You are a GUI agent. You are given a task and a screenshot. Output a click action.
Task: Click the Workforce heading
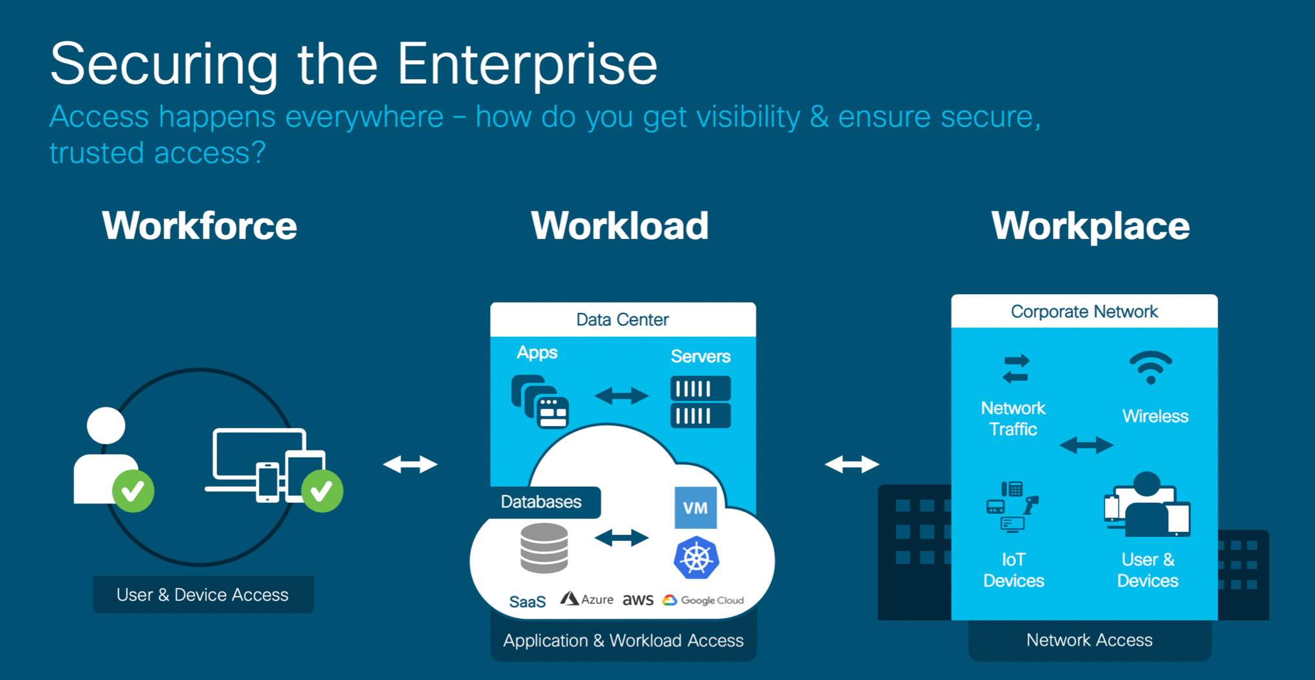[200, 226]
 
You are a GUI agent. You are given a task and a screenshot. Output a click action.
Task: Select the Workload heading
[620, 226]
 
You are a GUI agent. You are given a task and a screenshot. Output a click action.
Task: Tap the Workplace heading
[1090, 226]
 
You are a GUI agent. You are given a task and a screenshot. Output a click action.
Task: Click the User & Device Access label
[203, 594]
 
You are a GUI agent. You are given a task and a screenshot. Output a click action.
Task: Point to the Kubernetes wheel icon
[696, 558]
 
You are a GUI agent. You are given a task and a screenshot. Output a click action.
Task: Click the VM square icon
[695, 507]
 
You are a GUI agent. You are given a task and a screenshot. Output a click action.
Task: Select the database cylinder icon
[544, 548]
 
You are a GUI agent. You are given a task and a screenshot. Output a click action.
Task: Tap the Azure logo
[587, 600]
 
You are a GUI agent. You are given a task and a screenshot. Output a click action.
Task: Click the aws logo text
[638, 600]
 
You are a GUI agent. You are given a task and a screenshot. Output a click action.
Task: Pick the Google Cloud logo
[703, 600]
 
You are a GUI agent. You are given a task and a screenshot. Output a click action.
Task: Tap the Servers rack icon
[701, 402]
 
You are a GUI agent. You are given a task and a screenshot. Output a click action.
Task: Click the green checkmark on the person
[133, 491]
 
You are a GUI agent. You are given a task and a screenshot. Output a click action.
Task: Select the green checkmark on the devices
[322, 491]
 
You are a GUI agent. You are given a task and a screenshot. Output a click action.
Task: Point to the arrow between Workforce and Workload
[410, 464]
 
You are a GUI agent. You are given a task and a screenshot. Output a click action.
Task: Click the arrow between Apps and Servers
[621, 395]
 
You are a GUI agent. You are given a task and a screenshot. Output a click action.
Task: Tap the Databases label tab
[541, 502]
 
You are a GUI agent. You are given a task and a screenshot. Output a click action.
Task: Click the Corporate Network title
[1084, 312]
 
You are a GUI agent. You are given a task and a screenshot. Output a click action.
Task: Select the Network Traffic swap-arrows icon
[1016, 369]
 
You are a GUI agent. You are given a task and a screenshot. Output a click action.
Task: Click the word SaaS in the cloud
[527, 601]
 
